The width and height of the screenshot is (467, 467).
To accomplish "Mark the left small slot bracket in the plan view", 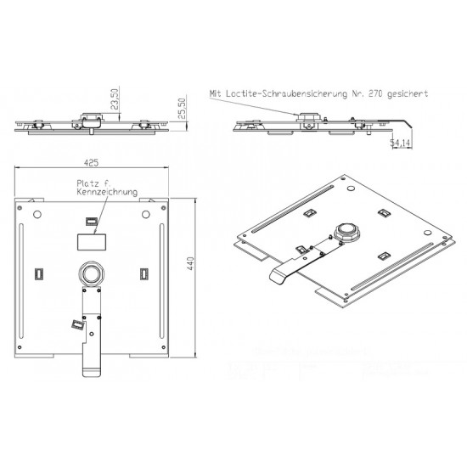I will point(39,273).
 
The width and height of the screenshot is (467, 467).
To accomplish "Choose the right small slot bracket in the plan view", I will point(143,273).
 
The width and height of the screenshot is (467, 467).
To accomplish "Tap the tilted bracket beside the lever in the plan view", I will point(78,324).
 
